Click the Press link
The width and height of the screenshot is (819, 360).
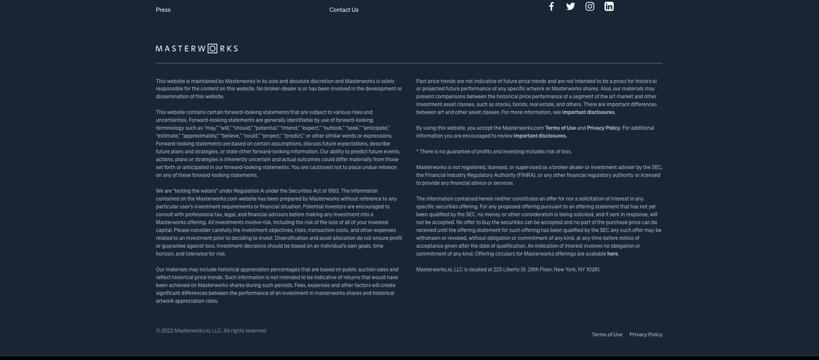pos(163,10)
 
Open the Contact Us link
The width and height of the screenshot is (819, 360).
pos(344,10)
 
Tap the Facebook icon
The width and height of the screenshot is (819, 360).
pos(551,6)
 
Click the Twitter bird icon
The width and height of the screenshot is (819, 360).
pos(570,6)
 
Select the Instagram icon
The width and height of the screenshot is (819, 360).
pos(590,6)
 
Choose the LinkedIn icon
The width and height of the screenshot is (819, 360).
pos(609,6)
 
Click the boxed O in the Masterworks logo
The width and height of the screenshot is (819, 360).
pos(212,48)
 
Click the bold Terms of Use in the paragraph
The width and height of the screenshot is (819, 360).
pos(560,128)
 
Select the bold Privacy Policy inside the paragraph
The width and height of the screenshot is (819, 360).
pos(603,128)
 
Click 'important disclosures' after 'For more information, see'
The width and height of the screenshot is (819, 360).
pos(588,112)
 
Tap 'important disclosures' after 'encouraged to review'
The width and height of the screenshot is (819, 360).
pos(540,136)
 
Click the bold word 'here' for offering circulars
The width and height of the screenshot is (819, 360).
pos(612,254)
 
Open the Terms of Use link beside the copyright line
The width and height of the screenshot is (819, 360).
pos(607,335)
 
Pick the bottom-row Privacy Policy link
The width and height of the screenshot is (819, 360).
pos(646,335)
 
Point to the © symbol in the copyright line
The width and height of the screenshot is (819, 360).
pos(158,331)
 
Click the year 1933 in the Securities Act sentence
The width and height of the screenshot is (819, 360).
pos(333,191)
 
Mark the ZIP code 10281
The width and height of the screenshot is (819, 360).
pos(593,270)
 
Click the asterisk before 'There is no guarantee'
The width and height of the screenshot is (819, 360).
pos(418,151)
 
